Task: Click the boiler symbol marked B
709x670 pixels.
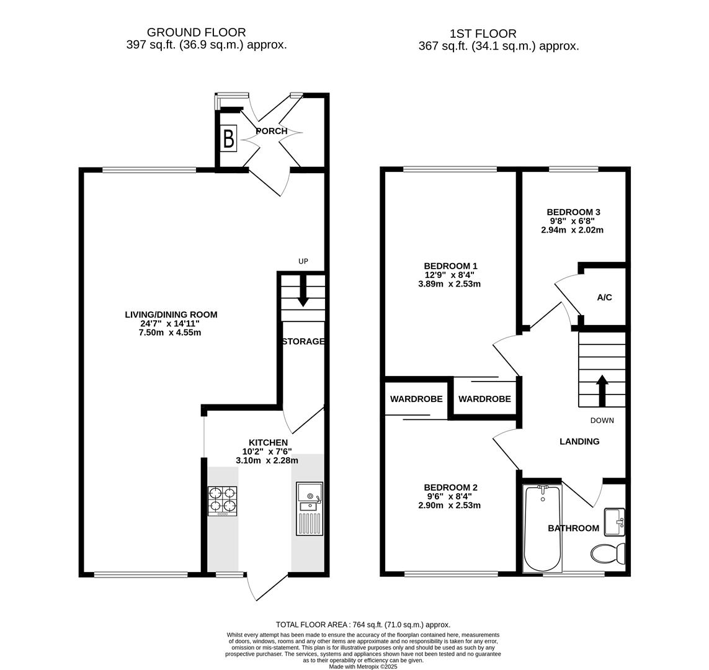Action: click(228, 138)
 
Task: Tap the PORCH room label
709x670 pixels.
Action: click(272, 132)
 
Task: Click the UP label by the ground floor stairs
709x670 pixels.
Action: click(303, 262)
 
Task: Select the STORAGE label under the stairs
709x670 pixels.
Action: click(303, 342)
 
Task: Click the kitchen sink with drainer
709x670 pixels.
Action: click(310, 509)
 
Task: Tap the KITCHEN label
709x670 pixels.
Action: click(269, 442)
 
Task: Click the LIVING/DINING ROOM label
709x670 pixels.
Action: click(171, 315)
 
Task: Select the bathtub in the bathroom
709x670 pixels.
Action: click(543, 529)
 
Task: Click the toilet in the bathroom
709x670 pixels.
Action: click(607, 553)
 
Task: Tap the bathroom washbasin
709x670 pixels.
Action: click(614, 522)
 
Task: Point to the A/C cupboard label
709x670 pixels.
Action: click(605, 298)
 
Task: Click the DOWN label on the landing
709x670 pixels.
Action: click(602, 421)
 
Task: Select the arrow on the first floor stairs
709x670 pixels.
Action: click(602, 390)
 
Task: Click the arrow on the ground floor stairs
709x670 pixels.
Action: click(303, 290)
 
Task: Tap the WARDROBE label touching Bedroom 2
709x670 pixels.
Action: click(416, 400)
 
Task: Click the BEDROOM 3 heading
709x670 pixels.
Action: click(573, 212)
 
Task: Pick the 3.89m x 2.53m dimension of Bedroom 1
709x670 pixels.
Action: click(449, 285)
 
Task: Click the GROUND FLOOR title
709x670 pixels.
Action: click(196, 32)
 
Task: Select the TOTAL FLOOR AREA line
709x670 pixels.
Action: click(363, 625)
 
